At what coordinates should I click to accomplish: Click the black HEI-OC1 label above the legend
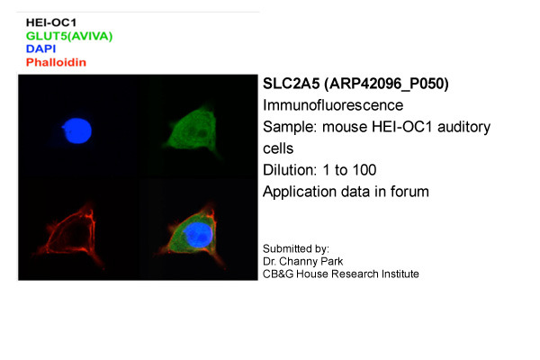point(51,22)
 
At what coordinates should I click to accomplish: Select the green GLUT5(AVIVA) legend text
point(69,36)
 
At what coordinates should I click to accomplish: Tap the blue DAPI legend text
point(40,49)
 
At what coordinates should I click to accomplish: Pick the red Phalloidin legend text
point(56,62)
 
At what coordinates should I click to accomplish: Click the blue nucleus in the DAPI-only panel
point(77,130)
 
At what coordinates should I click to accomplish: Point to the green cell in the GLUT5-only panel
point(193,130)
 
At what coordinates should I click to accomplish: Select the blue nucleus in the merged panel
point(197,235)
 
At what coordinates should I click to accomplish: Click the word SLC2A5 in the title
point(292,84)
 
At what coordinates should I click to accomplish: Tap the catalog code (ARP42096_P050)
point(386,85)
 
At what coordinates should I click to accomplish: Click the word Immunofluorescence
point(333,105)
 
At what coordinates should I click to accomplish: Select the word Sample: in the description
point(290,128)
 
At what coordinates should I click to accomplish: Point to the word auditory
point(463,128)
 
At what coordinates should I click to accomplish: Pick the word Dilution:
point(290,170)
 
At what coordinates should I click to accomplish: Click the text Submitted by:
point(296,249)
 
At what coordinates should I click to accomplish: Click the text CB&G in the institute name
point(278,274)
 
